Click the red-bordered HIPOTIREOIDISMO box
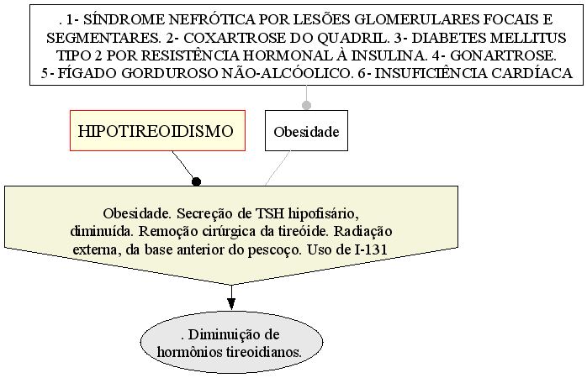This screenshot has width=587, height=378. (157, 130)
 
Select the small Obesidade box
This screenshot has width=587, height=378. (306, 130)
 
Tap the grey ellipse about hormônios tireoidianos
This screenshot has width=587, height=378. (231, 343)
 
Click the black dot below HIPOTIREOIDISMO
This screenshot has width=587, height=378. (196, 181)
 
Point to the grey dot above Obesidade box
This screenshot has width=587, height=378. (306, 105)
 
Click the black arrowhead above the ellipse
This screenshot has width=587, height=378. (231, 303)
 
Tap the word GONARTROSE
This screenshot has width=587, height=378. (503, 55)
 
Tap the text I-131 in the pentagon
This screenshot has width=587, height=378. (371, 249)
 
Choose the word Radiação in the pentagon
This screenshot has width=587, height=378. (362, 232)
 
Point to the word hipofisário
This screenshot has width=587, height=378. (324, 214)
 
